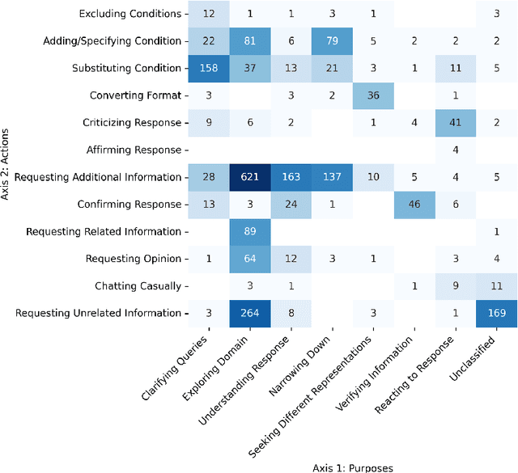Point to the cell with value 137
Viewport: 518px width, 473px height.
pos(331,177)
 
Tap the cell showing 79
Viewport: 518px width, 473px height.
pos(331,41)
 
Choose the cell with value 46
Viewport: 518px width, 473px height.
pos(413,205)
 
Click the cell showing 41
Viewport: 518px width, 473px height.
pos(456,123)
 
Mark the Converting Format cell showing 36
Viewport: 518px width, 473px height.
pos(373,95)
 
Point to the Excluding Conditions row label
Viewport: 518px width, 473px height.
pos(130,14)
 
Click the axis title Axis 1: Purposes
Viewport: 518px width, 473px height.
pos(352,467)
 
